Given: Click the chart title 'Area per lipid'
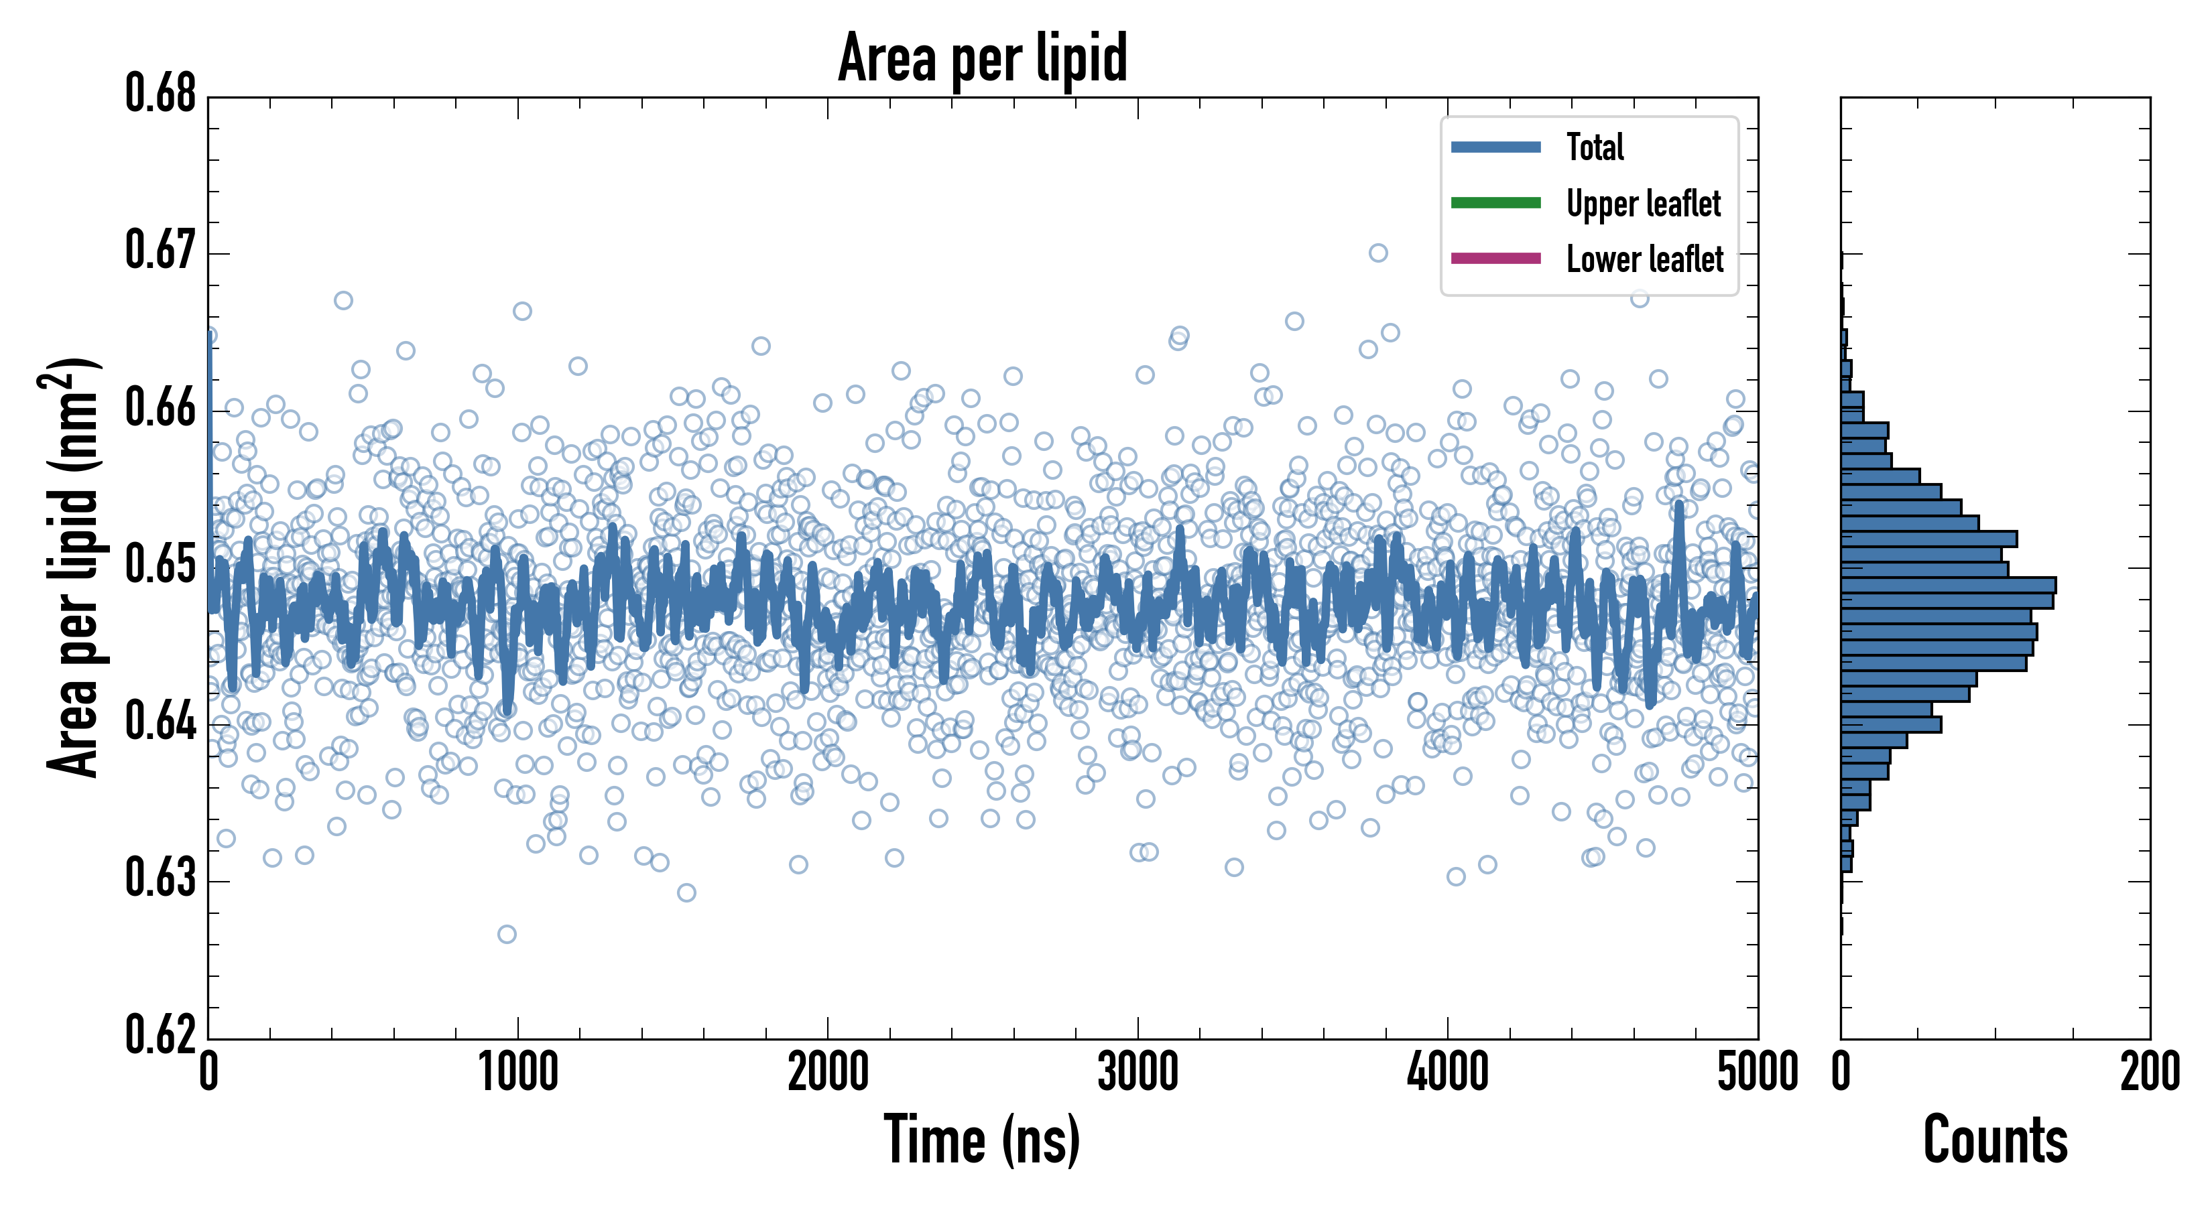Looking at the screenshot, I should pos(983,58).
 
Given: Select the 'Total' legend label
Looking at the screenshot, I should pos(1595,147).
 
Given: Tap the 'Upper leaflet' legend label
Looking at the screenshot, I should pos(1644,204).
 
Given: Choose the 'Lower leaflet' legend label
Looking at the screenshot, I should pos(1644,259).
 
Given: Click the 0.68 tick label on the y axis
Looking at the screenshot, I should pos(161,94).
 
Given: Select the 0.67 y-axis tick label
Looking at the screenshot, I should pos(161,251).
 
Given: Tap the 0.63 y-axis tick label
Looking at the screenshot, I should pos(161,879).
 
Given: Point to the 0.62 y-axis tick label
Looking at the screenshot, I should pos(161,1035).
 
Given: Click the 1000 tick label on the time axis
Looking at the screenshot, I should pos(517,1073).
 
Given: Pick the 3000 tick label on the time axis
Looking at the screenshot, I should pos(1138,1073).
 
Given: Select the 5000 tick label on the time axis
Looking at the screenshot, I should pos(1757,1073).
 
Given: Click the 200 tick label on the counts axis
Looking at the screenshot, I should pos(2149,1073).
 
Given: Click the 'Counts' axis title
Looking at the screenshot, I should pos(1995,1140).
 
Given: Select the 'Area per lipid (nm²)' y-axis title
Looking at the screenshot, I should pos(72,567).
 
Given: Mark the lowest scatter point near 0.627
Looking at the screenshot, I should pos(507,934).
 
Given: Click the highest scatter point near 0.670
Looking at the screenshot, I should pos(1378,253).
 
